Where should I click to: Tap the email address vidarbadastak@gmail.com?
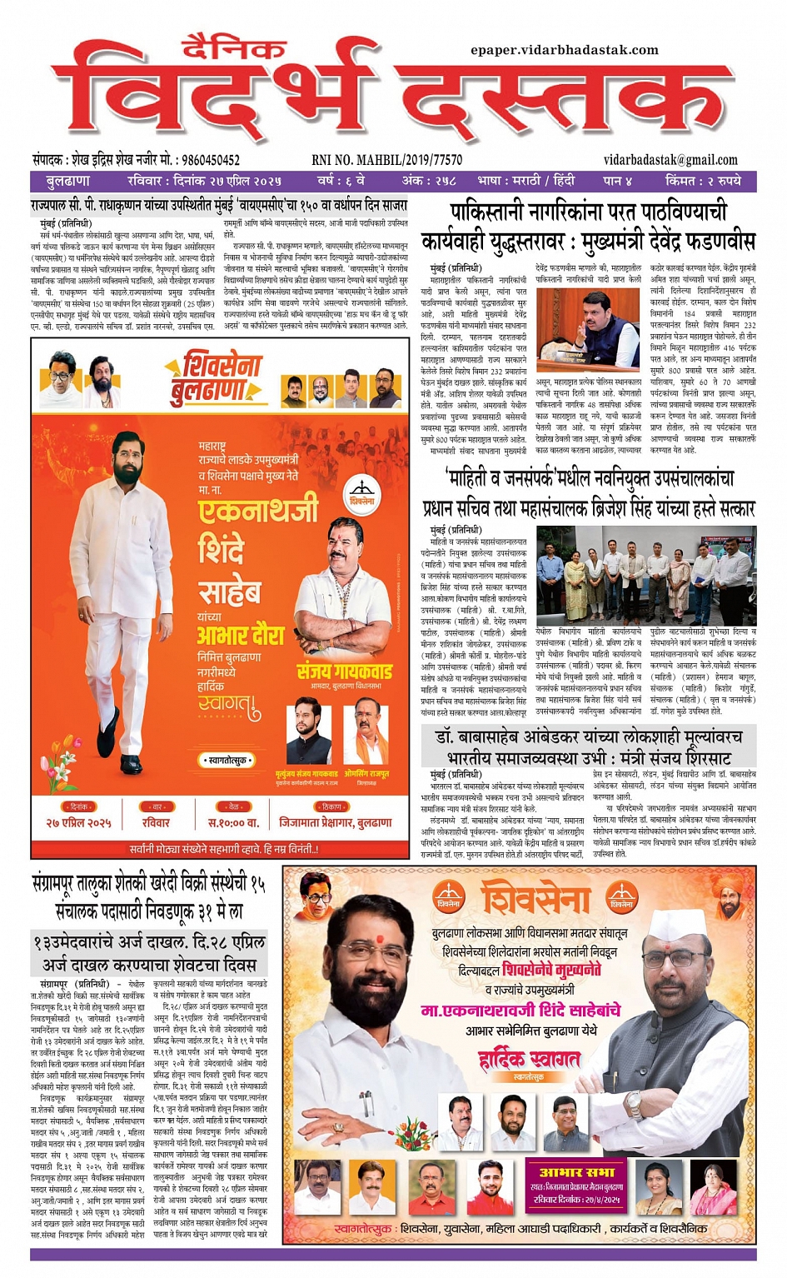coord(670,159)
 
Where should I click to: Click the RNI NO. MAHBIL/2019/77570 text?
coord(386,160)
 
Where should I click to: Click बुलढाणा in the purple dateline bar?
coord(68,181)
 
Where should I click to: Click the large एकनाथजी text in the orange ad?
coord(258,508)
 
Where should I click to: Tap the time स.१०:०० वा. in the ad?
coord(233,822)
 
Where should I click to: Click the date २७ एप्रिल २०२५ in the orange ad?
coord(79,822)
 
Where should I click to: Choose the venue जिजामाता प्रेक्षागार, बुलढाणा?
coord(335,822)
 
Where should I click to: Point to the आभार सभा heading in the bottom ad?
coord(577,1171)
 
